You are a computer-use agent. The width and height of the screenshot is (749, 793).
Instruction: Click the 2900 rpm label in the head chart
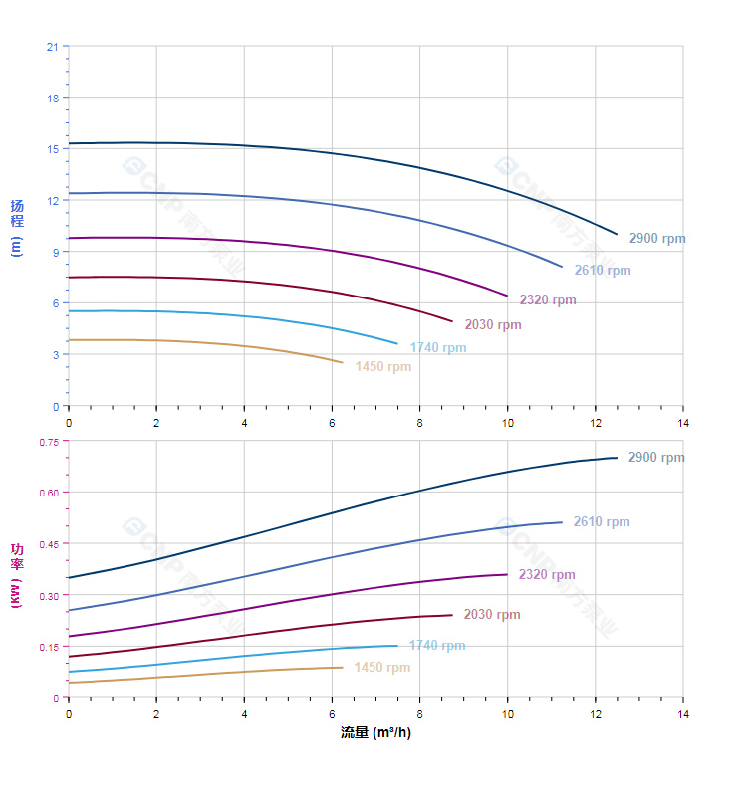[657, 239]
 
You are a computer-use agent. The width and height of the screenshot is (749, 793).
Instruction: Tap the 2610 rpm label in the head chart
[602, 271]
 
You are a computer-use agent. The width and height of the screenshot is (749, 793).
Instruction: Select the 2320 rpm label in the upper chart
[548, 300]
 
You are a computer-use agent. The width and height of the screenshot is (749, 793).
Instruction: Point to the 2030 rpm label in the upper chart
[493, 325]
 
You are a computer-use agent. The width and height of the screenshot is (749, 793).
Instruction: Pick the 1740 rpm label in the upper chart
[438, 348]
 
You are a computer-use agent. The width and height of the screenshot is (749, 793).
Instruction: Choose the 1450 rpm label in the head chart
[383, 367]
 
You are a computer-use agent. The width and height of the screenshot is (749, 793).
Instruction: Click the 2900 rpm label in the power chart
[656, 458]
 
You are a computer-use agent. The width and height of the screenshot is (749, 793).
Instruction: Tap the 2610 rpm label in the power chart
[602, 522]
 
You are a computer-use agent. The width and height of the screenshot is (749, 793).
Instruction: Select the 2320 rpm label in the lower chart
[547, 575]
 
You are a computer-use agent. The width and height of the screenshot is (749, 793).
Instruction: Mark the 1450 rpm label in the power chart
[382, 668]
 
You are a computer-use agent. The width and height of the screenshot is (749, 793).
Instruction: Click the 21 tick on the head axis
[51, 47]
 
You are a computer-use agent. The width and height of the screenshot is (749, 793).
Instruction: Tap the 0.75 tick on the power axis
[48, 442]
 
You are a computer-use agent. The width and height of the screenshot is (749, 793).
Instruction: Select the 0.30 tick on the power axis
[48, 595]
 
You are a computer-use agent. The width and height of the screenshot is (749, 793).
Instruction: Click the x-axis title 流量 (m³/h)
[375, 733]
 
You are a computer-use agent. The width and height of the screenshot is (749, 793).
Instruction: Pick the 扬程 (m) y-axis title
[16, 227]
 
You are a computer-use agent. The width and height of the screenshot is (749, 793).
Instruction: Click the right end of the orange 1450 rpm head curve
[343, 362]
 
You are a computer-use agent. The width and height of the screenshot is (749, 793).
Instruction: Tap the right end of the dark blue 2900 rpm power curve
[618, 458]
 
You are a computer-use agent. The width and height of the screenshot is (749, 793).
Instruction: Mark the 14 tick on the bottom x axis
[683, 714]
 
